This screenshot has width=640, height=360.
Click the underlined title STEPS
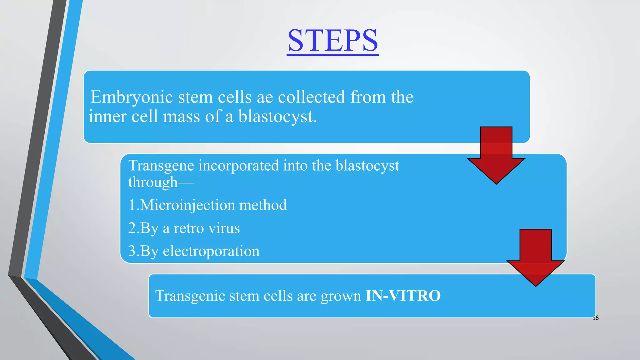[332, 41]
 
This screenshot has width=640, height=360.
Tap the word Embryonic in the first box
[132, 97]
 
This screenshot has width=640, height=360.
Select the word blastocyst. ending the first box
[277, 117]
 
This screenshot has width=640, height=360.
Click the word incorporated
[238, 166]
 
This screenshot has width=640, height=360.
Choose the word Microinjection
[187, 205]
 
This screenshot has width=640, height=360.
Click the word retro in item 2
[188, 228]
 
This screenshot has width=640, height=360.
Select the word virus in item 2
[224, 228]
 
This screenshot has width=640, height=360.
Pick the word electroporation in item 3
[211, 251]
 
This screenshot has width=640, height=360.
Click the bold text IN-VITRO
[403, 296]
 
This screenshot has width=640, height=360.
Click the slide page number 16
[596, 318]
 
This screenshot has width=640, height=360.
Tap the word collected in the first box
[311, 97]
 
